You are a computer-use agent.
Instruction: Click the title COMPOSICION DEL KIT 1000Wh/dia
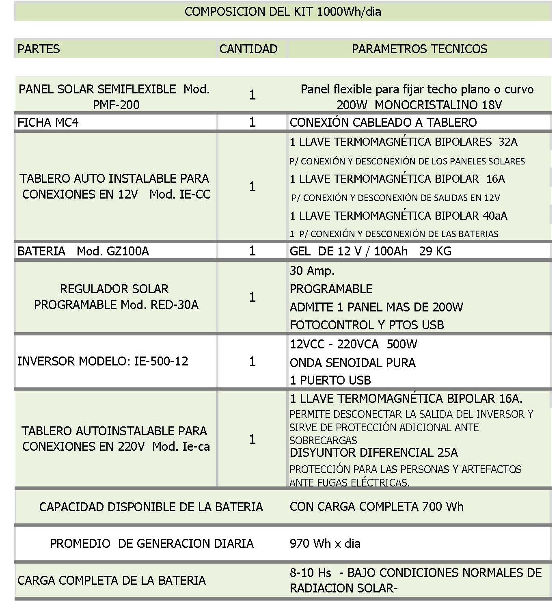tap(283, 11)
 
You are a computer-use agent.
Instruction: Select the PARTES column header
tap(39, 49)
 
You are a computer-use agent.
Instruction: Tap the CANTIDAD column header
tap(248, 49)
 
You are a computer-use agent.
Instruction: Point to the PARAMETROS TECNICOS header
tap(419, 49)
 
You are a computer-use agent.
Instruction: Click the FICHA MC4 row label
tap(48, 122)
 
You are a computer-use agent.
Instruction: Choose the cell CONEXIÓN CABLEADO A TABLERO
tap(383, 122)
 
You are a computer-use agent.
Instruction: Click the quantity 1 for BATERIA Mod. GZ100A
tap(252, 251)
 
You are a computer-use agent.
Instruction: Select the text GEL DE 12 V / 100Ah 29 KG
tap(370, 251)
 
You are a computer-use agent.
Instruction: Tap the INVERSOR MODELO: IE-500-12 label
tap(103, 361)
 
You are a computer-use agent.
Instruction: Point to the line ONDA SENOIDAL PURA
tap(352, 363)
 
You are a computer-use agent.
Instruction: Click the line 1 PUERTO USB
tap(330, 380)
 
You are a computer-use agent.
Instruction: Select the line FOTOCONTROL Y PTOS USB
tap(367, 325)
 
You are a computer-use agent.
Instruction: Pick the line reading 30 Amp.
tap(312, 271)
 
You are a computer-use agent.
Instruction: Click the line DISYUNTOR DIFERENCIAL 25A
tap(373, 453)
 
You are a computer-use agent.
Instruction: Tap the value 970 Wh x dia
tap(325, 544)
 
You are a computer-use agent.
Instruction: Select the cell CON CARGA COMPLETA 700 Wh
tap(376, 507)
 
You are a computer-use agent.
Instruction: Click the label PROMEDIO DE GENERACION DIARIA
tap(151, 544)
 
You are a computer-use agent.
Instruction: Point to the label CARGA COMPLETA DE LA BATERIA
tap(111, 581)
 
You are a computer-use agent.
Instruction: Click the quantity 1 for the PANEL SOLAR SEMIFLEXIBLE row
tap(252, 95)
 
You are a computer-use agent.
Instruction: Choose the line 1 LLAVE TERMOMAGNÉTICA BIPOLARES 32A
tap(404, 142)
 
